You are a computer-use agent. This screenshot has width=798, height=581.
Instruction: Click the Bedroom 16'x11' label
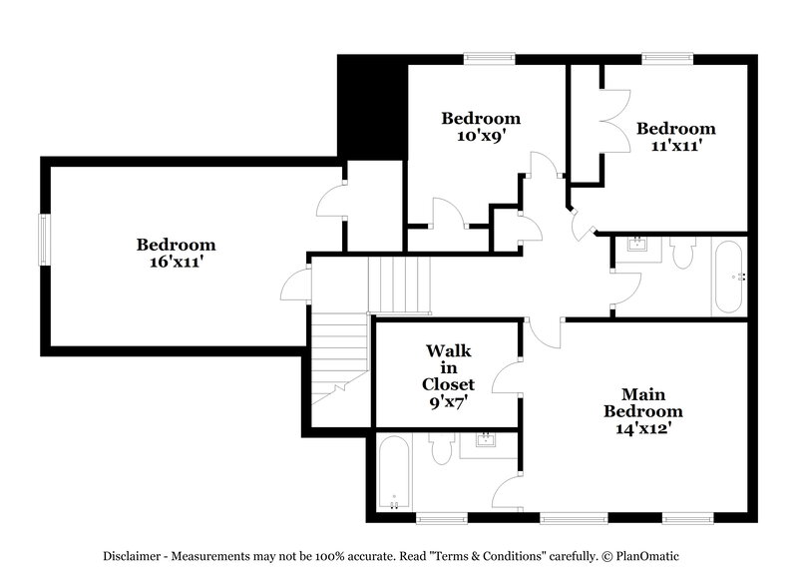point(176,253)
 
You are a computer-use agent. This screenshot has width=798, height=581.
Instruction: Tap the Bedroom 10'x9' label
point(481,127)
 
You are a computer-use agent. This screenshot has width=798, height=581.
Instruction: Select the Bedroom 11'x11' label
point(676,137)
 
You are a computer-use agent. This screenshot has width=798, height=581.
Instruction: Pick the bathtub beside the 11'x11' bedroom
point(728,277)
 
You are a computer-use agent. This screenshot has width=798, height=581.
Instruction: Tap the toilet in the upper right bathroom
point(682,253)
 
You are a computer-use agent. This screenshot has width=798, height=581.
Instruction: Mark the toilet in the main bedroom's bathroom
point(441,450)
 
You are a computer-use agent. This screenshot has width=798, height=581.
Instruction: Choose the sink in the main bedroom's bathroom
point(487,442)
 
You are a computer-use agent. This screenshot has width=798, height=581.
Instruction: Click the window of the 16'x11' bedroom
point(43,240)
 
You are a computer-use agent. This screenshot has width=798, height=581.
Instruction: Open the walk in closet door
point(510,377)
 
